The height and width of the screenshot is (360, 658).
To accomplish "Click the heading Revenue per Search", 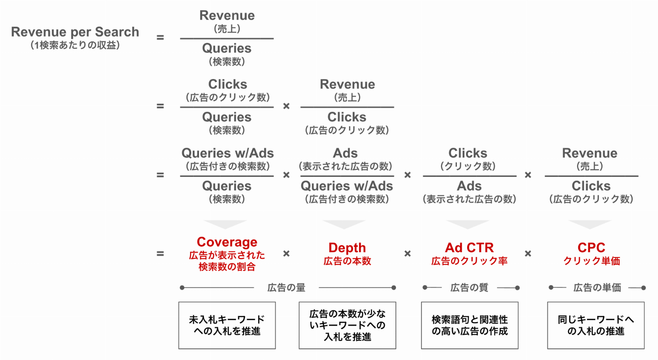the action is point(75,32).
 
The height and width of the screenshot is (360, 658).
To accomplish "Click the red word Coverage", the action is point(227,242).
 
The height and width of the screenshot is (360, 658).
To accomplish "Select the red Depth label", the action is point(347,248).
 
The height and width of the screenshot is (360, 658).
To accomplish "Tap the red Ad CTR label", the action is point(469,248).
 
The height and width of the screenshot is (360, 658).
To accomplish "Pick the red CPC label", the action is point(591,248).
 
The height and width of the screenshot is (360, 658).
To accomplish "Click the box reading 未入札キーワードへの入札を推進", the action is point(227,325).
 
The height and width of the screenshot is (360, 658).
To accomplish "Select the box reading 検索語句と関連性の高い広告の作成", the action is point(470,325).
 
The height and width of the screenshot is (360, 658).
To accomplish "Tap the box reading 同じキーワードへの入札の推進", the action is point(596,325).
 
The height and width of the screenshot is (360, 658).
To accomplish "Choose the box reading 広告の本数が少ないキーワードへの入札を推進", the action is point(348,325).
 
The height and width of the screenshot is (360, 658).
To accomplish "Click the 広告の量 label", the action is point(286,288).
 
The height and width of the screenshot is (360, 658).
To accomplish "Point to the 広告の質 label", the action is point(469,288).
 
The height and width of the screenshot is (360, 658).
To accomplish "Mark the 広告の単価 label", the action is point(597,288).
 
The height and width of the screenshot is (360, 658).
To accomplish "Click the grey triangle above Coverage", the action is point(225,224).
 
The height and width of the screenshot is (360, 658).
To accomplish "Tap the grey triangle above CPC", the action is point(590,224).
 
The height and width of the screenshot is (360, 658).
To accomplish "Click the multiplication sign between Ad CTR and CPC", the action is point(528,253).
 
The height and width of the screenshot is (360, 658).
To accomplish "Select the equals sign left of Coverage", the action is point(160,253).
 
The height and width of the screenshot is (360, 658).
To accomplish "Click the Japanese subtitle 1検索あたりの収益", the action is point(75,45).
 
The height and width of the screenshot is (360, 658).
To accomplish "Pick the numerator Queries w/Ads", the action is point(227,153).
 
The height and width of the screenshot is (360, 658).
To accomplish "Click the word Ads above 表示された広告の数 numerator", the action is point(345,153).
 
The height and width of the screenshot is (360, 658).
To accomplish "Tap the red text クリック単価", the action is point(591,261).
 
